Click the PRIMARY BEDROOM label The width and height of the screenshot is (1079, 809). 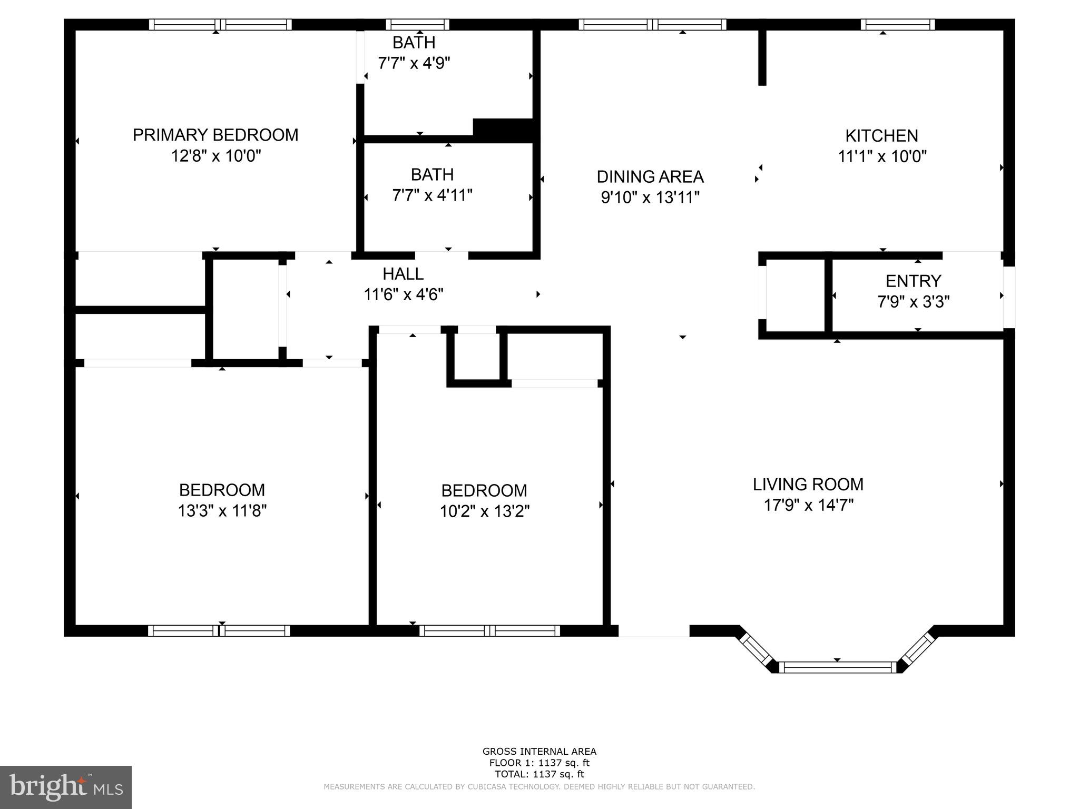click(x=215, y=135)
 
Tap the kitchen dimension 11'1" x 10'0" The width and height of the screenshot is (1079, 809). click(x=882, y=157)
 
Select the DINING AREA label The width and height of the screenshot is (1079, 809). click(x=650, y=176)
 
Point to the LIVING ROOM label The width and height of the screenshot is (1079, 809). click(x=808, y=484)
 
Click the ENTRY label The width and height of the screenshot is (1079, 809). click(x=913, y=281)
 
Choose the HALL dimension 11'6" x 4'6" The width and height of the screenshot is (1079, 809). click(x=403, y=294)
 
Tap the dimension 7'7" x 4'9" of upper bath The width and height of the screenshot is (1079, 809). click(x=414, y=64)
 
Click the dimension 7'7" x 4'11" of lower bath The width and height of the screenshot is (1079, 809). click(x=432, y=196)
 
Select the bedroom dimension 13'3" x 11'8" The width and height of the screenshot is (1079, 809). click(x=222, y=511)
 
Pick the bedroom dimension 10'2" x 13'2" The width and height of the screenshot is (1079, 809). click(x=484, y=511)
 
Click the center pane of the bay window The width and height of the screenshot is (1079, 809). click(x=837, y=667)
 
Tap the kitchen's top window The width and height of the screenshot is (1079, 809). click(x=898, y=24)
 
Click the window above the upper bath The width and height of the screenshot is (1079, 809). click(x=417, y=24)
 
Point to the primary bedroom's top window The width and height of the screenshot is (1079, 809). click(x=220, y=24)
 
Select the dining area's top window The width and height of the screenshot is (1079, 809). click(x=652, y=24)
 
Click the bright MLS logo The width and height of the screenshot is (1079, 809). click(x=65, y=787)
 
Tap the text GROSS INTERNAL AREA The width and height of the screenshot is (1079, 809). click(x=539, y=752)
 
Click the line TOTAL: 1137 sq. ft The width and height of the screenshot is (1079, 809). click(x=539, y=774)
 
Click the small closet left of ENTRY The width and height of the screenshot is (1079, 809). click(x=794, y=295)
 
